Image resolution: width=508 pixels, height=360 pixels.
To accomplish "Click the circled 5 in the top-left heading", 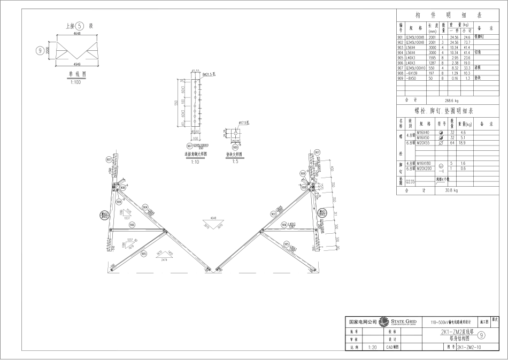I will (x=79, y=26).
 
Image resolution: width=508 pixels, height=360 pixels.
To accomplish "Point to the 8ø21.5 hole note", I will (x=209, y=75).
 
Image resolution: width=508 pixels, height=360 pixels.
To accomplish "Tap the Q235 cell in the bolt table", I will (x=410, y=182).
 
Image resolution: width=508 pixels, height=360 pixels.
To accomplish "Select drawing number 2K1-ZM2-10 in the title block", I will (x=469, y=347).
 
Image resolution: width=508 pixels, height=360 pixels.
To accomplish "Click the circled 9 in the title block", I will (x=481, y=335).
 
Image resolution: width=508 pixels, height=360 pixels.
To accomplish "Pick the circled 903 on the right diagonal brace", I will (x=273, y=214).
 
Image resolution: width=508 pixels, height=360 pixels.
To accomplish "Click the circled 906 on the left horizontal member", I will (x=131, y=225).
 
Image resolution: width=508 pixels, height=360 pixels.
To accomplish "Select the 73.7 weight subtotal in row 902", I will (x=466, y=42).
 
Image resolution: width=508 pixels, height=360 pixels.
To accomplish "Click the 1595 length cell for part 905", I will (x=433, y=58).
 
